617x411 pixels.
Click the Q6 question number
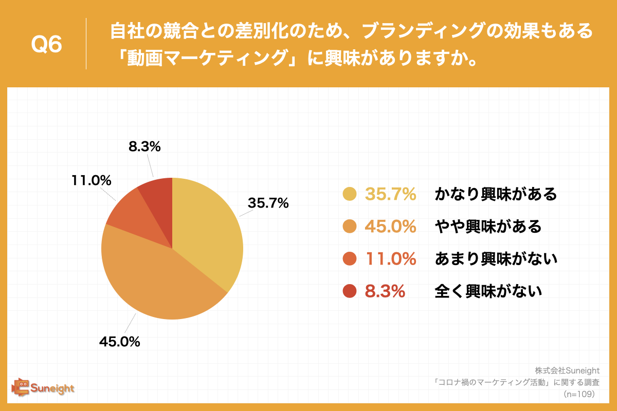(47, 45)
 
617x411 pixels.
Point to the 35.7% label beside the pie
(268, 203)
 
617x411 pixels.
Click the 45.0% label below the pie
(119, 342)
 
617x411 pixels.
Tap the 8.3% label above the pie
(144, 146)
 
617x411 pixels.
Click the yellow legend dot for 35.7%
(349, 194)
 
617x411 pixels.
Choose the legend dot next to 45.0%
(349, 227)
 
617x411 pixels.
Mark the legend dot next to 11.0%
(349, 259)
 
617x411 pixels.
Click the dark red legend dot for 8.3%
(349, 292)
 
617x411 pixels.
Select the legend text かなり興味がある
(496, 194)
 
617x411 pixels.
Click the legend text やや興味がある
(488, 227)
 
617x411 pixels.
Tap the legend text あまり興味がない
(496, 259)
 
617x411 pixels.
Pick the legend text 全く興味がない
(488, 292)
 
